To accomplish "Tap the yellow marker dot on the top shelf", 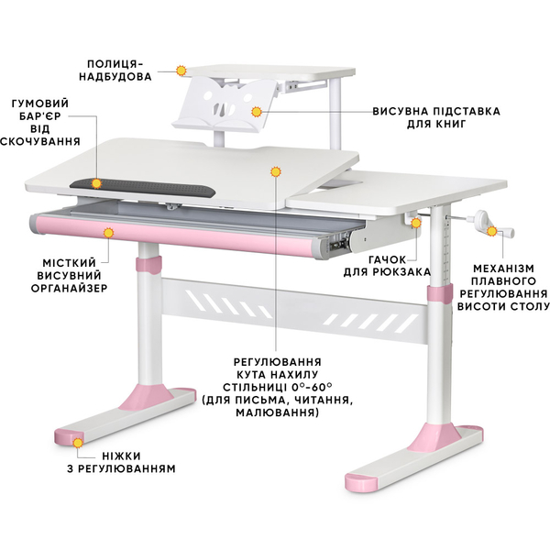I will [181, 69].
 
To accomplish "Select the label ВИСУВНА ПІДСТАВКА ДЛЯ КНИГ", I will [436, 117].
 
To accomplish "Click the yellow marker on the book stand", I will [257, 111].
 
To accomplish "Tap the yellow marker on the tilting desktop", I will [275, 170].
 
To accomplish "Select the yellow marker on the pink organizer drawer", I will [109, 233].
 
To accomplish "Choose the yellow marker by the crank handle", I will [502, 233].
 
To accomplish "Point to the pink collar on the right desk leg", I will [437, 293].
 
